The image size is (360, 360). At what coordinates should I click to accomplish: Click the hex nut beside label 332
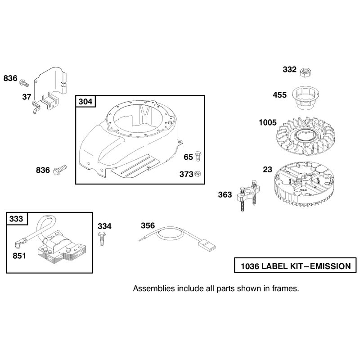(306, 72)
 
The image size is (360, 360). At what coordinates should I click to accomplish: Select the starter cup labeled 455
(306, 98)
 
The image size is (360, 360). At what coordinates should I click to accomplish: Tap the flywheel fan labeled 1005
(305, 136)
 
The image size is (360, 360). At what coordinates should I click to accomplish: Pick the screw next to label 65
(198, 156)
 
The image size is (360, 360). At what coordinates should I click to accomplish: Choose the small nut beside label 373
(198, 174)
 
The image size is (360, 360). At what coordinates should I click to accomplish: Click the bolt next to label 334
(102, 238)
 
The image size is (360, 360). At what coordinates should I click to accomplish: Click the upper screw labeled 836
(24, 83)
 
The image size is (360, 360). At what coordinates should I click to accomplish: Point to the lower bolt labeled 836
(60, 170)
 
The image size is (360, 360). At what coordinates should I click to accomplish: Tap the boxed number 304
(85, 102)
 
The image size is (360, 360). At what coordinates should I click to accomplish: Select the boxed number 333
(16, 219)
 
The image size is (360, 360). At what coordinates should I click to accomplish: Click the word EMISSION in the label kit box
(330, 266)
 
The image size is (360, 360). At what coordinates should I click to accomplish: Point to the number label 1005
(268, 122)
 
